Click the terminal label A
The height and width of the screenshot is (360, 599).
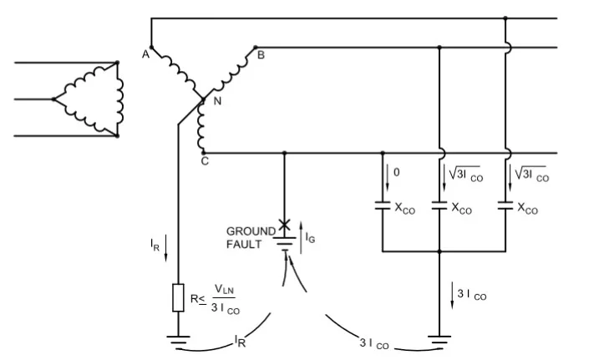point(145,54)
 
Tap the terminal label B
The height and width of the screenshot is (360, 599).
point(261,55)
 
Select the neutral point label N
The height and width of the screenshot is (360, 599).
point(217,101)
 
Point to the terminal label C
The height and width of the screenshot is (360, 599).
point(205,161)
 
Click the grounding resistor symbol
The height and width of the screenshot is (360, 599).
point(178,298)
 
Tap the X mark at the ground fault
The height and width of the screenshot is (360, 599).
point(284,225)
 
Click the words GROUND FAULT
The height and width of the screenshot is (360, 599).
point(251,238)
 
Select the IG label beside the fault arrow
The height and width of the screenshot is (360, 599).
point(310,237)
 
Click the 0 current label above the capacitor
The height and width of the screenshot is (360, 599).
point(397,173)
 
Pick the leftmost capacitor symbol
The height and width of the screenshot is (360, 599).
point(383,205)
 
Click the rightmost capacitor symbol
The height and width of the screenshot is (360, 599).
point(505,205)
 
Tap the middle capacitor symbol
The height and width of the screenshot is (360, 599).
point(439,205)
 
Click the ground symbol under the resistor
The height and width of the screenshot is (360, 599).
point(178,340)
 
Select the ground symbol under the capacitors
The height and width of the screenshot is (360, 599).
point(439,340)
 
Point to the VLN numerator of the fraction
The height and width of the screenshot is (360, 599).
point(224,290)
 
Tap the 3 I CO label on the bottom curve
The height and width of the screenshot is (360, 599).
point(374,343)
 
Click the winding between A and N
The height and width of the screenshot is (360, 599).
point(177,74)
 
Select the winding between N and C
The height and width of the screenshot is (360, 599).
point(201,126)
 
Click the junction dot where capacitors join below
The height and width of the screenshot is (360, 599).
point(439,251)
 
